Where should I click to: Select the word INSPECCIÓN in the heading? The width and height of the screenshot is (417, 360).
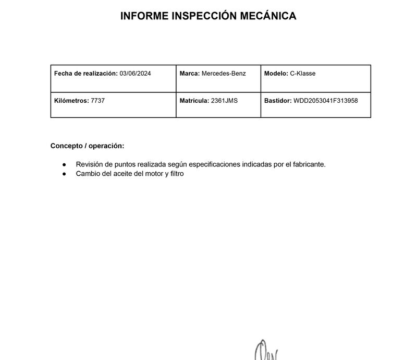[202, 16]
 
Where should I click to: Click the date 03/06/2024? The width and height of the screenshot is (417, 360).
[135, 74]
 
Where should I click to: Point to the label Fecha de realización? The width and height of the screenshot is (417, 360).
[86, 74]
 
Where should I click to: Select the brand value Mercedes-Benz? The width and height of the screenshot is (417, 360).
[224, 74]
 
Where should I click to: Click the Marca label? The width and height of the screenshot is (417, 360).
[190, 74]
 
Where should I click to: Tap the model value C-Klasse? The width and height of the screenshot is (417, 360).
[302, 74]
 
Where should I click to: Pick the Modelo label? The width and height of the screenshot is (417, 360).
[276, 74]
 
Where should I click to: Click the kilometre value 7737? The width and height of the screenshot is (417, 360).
[97, 101]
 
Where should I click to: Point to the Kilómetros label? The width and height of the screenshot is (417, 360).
[71, 101]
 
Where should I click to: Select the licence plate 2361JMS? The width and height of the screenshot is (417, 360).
[224, 101]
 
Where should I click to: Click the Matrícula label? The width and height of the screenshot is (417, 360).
[194, 101]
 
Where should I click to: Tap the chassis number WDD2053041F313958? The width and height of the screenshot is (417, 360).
[326, 101]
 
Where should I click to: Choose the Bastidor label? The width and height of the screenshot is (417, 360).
[278, 101]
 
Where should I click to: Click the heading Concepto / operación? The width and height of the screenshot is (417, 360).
[87, 146]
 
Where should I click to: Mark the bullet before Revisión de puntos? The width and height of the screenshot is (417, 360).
[64, 164]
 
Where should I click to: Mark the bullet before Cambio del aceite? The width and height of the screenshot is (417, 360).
[64, 174]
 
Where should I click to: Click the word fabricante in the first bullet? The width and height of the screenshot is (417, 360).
[308, 164]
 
